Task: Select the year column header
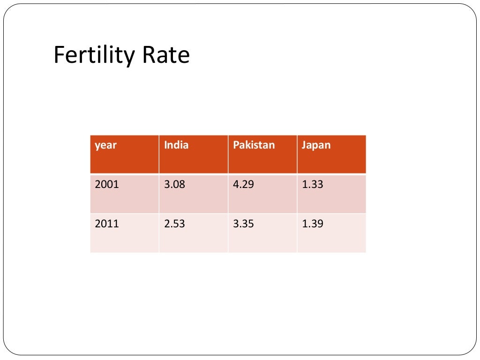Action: [105, 145]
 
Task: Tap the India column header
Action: [176, 145]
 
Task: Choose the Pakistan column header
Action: [254, 145]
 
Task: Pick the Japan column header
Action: [316, 145]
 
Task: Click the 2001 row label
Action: [107, 185]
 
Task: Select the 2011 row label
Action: [107, 224]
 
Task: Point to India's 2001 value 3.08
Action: [174, 185]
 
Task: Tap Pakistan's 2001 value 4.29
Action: [243, 185]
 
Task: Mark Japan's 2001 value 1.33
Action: [312, 185]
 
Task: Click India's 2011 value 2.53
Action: [174, 224]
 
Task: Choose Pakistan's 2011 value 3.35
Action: [243, 224]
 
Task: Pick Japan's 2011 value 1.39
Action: [312, 224]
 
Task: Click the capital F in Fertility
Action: [59, 55]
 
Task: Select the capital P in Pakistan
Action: [236, 145]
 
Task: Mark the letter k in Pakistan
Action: [247, 145]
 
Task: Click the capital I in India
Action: [165, 145]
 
